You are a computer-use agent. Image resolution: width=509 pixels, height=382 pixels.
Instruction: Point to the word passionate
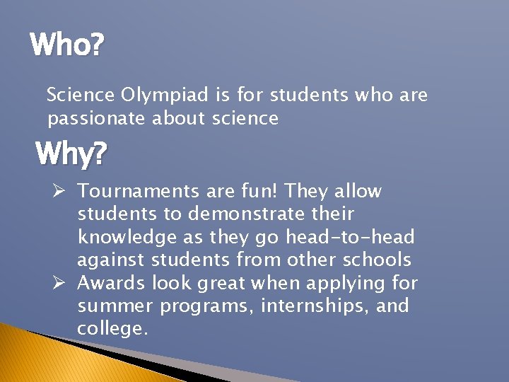point(97,118)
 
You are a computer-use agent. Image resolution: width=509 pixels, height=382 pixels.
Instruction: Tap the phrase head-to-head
point(350,237)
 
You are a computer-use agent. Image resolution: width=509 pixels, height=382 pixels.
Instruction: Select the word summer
point(115,306)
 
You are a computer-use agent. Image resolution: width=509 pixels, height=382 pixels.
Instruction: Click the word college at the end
point(110,330)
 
